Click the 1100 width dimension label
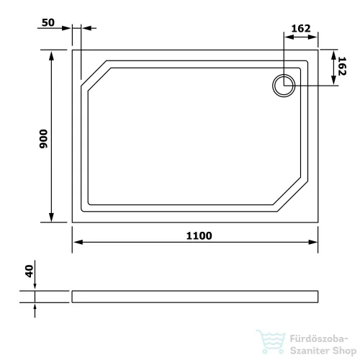[199, 235]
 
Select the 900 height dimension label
[44, 139]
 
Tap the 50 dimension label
[48, 22]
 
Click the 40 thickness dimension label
[30, 271]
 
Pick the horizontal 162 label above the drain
[301, 29]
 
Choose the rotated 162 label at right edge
[342, 66]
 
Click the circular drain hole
[284, 86]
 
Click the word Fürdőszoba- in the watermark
[319, 339]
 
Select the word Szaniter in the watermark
[309, 351]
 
